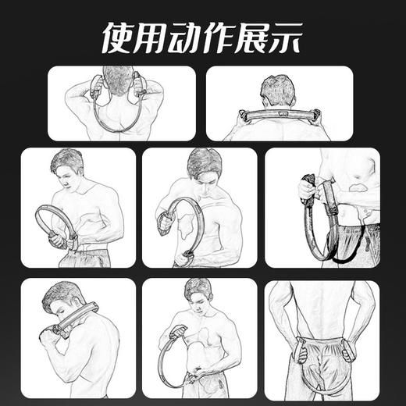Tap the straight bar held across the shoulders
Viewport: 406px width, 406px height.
pyautogui.click(x=279, y=115)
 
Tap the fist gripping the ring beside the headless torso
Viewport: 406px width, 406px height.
pyautogui.click(x=306, y=189)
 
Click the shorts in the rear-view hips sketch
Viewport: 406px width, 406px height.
pyautogui.click(x=322, y=344)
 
